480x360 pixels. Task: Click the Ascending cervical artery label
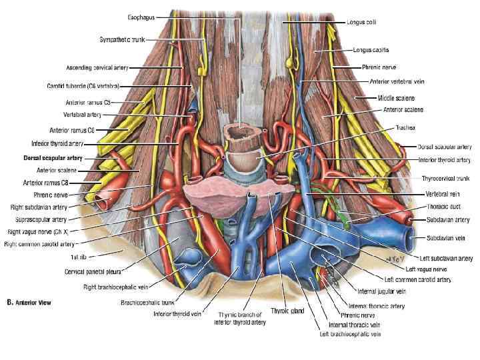coord(97,67)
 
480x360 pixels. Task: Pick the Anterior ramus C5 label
coord(87,102)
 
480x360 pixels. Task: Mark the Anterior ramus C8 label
coord(45,182)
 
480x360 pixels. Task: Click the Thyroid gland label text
coord(287,310)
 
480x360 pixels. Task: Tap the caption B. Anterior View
coord(29,302)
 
